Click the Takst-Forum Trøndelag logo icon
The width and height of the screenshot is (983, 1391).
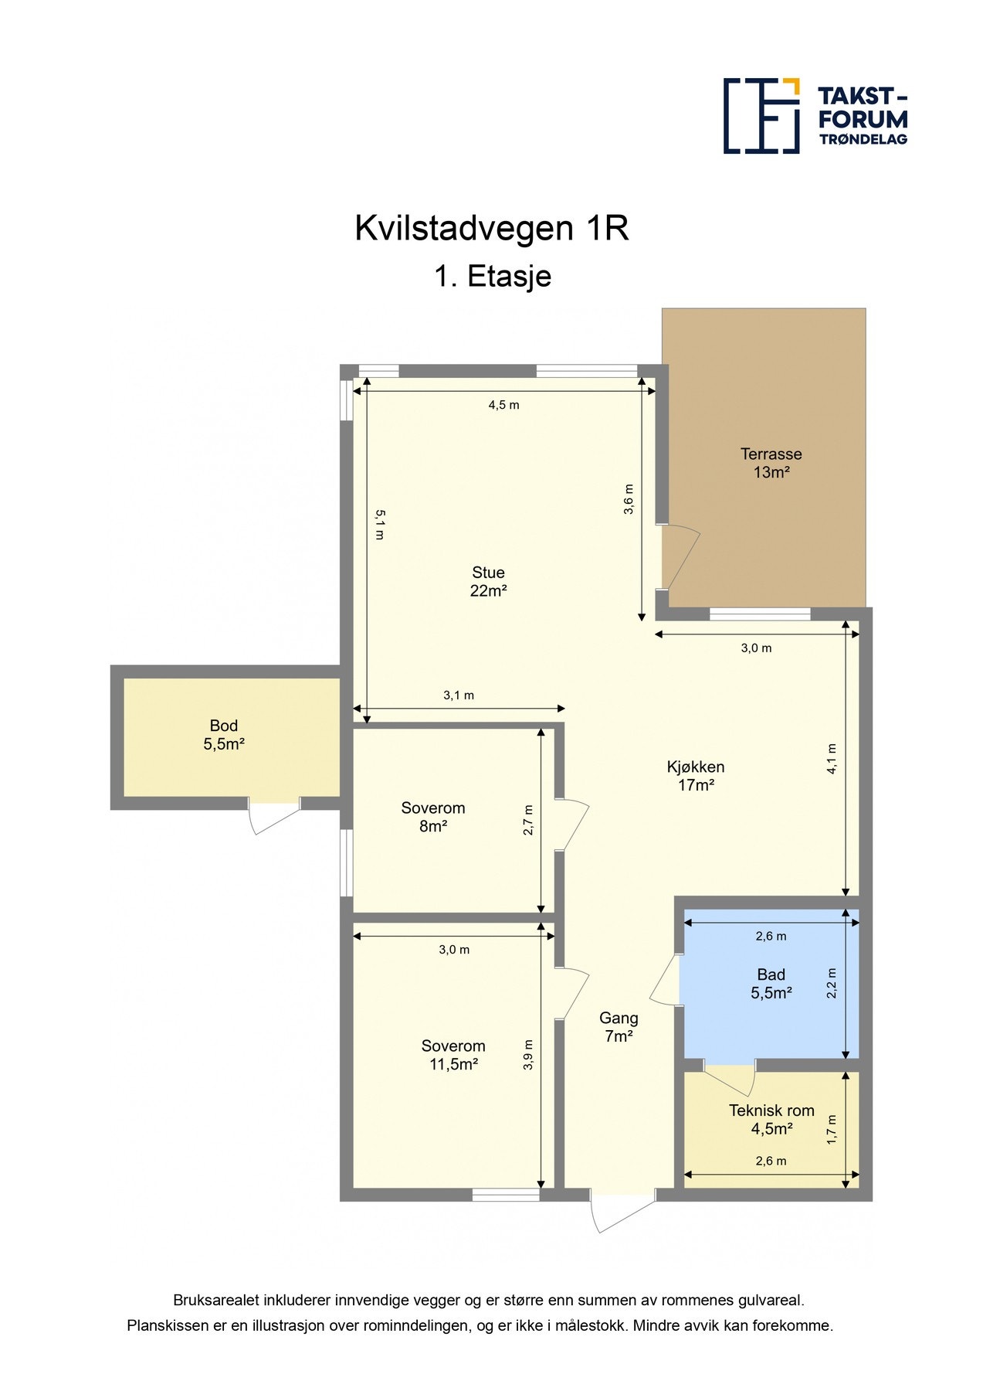tap(761, 116)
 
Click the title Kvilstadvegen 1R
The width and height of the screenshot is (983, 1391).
tap(492, 229)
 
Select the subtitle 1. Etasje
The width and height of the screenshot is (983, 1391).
tap(492, 276)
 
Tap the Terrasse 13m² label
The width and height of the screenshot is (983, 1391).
tap(771, 463)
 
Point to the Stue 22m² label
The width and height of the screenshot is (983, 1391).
tap(488, 581)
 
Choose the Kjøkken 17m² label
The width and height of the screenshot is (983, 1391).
tap(696, 776)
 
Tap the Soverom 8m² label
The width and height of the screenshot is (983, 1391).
tap(433, 817)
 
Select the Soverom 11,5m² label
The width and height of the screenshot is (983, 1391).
tap(453, 1055)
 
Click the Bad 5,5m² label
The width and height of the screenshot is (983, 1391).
tap(771, 984)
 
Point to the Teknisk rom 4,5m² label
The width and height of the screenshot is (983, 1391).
tap(771, 1119)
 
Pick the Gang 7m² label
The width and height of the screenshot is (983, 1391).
tap(619, 1027)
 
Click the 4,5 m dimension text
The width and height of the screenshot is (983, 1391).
tap(503, 405)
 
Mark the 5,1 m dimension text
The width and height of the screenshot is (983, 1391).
tap(379, 524)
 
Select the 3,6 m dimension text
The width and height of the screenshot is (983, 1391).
tap(629, 498)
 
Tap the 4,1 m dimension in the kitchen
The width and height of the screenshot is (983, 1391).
tap(832, 759)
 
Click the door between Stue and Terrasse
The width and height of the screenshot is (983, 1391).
tap(680, 557)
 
